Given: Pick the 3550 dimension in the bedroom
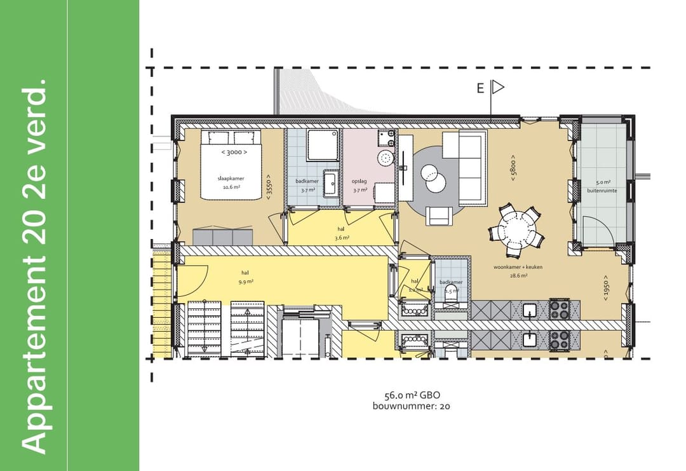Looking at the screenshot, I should (269, 188).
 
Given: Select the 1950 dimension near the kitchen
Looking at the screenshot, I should (606, 290).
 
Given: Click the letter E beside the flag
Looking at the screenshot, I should (481, 88).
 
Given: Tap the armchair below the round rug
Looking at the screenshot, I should (441, 216).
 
